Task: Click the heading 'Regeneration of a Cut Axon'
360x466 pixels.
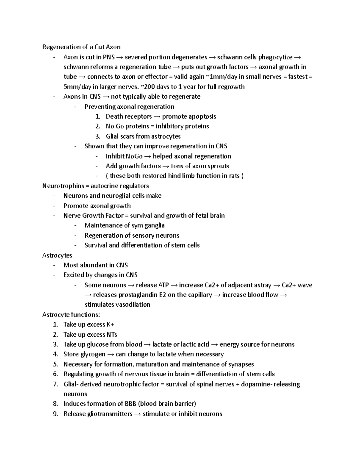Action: pyautogui.click(x=81, y=47)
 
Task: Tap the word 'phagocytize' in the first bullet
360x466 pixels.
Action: pyautogui.click(x=275, y=57)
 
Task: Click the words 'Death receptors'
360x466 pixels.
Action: pyautogui.click(x=129, y=116)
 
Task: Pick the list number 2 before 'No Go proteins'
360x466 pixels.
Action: pyautogui.click(x=97, y=126)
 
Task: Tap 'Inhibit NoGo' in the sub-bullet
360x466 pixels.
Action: pyautogui.click(x=124, y=156)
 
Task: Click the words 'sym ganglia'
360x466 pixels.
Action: pyautogui.click(x=148, y=225)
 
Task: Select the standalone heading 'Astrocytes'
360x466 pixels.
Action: pyautogui.click(x=57, y=255)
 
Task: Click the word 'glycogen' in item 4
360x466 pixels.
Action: pyautogui.click(x=93, y=354)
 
